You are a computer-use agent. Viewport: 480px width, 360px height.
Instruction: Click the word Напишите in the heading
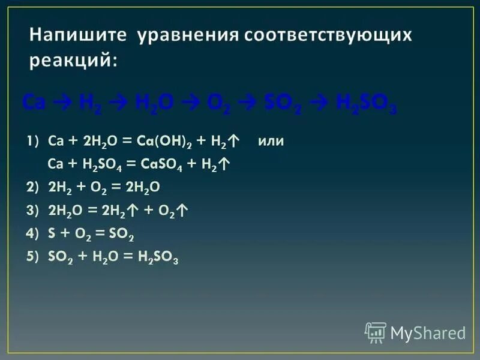(78, 35)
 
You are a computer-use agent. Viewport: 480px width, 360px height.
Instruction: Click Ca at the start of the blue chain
(32, 103)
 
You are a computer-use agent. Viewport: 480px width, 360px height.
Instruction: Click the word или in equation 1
(271, 142)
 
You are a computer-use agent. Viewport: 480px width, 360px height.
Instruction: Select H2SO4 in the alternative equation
(94, 164)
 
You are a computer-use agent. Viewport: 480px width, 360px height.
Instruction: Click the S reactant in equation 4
(50, 233)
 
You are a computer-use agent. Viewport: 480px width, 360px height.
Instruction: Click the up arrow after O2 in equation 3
(184, 210)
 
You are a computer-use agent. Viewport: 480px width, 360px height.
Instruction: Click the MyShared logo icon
(376, 332)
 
